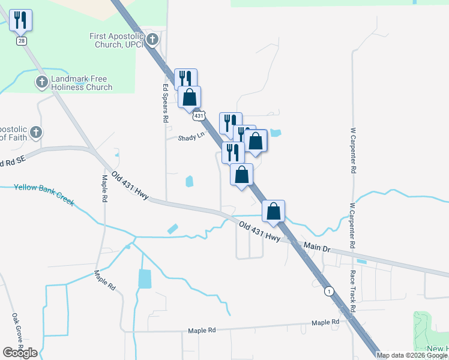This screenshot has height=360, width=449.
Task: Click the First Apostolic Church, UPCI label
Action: click(117, 40)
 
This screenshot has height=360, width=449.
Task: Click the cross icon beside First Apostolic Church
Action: click(152, 40)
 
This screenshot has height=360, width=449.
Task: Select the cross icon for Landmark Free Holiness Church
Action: click(41, 82)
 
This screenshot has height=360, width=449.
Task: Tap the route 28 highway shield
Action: click(22, 40)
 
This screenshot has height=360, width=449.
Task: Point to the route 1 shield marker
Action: click(329, 292)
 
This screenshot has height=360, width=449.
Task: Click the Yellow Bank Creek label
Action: click(44, 194)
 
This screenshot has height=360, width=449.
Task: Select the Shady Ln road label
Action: click(191, 137)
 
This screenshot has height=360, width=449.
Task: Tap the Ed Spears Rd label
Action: click(166, 103)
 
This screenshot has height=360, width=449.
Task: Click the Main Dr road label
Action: click(317, 247)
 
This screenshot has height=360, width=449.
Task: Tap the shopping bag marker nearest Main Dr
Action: click(273, 212)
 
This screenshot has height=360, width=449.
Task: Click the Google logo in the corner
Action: click(20, 353)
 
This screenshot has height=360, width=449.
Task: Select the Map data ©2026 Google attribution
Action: click(412, 355)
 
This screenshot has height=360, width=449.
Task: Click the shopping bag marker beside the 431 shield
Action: click(190, 97)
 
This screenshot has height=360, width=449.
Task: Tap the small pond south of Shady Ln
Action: click(190, 180)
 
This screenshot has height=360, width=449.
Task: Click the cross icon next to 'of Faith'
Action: click(36, 132)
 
